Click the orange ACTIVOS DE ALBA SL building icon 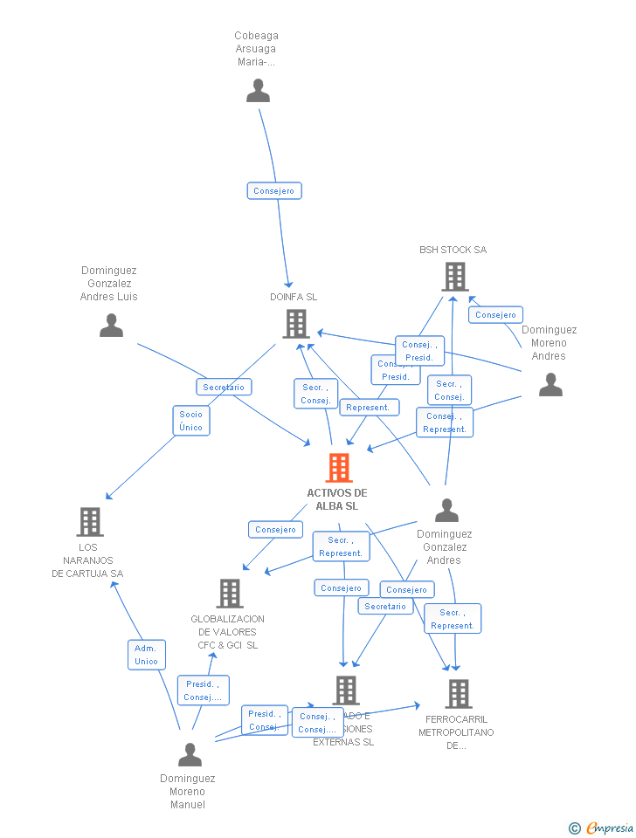339,468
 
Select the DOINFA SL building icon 296,324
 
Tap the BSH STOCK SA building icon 454,277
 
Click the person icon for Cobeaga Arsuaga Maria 258,91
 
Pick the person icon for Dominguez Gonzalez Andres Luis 111,326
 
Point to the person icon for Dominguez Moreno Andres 550,385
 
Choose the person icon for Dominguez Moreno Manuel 190,754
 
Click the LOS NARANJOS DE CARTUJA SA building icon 90,522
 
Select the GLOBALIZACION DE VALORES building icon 230,594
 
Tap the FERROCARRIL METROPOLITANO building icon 458,694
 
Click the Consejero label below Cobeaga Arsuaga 274,190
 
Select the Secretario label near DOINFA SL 224,387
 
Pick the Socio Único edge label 190,421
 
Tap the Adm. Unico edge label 146,655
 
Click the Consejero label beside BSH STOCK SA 495,315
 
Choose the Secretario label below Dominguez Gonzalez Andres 385,606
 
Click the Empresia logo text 610,828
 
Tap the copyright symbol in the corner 574,828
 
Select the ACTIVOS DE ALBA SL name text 337,499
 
